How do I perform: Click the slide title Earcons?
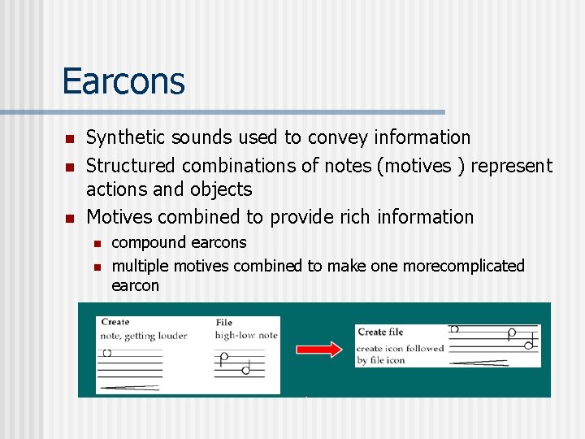pyautogui.click(x=123, y=81)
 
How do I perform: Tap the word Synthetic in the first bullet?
pyautogui.click(x=122, y=138)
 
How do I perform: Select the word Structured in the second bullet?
pyautogui.click(x=130, y=166)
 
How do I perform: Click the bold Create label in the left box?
pyautogui.click(x=115, y=323)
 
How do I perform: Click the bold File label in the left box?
pyautogui.click(x=223, y=323)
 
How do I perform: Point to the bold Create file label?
pyautogui.click(x=380, y=332)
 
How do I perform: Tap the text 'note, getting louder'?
pyautogui.click(x=143, y=336)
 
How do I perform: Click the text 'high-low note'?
pyautogui.click(x=245, y=335)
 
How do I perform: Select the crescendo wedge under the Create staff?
pyautogui.click(x=130, y=388)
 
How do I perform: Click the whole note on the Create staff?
pyautogui.click(x=106, y=354)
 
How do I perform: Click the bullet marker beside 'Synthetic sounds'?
pyautogui.click(x=70, y=139)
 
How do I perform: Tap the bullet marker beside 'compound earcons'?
pyautogui.click(x=96, y=243)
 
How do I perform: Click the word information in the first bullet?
pyautogui.click(x=423, y=138)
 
